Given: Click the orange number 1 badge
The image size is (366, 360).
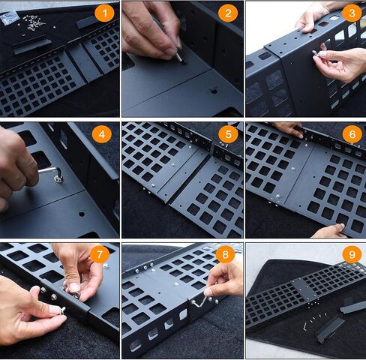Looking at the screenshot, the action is pyautogui.click(x=104, y=13).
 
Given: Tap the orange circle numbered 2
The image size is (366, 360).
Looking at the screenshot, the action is pyautogui.click(x=228, y=13).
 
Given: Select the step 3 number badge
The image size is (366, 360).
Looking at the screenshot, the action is pyautogui.click(x=352, y=13).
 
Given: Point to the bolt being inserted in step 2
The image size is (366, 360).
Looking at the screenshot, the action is pyautogui.click(x=180, y=58).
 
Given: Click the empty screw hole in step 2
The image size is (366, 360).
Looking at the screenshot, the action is pyautogui.click(x=214, y=91).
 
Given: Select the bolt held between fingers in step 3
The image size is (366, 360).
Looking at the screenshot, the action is pyautogui.click(x=316, y=53).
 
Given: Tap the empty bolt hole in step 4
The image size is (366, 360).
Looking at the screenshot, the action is pyautogui.click(x=82, y=214).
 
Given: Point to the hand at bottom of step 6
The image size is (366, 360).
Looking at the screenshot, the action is pyautogui.click(x=328, y=231).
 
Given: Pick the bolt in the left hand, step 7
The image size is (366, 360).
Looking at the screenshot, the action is pyautogui.click(x=62, y=310).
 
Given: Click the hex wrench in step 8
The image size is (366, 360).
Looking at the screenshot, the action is pyautogui.click(x=200, y=302).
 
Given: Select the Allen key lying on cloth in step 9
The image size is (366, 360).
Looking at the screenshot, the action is pyautogui.click(x=305, y=326).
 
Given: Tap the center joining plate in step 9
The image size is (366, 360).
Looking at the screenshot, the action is pyautogui.click(x=304, y=289).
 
